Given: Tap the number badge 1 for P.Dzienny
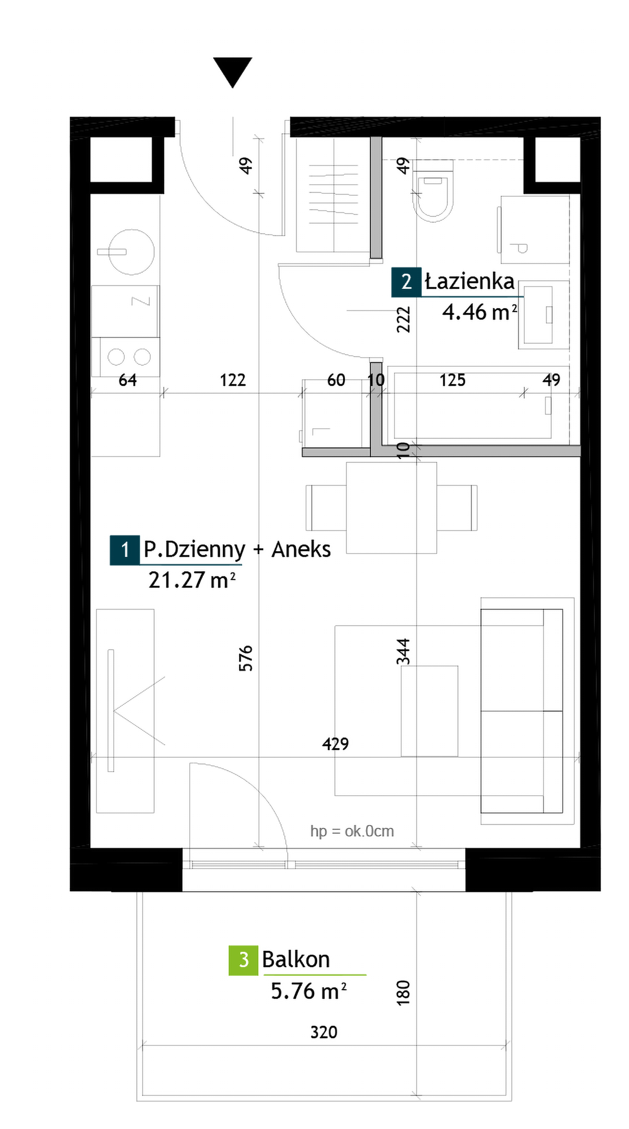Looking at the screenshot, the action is pyautogui.click(x=124, y=549).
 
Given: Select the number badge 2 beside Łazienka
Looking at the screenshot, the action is pyautogui.click(x=406, y=282).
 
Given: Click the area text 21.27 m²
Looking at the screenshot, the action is pyautogui.click(x=192, y=580).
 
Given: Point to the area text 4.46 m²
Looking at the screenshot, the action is pyautogui.click(x=479, y=312).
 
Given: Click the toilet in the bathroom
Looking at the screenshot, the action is pyautogui.click(x=432, y=191).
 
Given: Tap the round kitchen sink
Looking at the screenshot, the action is pyautogui.click(x=131, y=252).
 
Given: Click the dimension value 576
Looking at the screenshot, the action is pyautogui.click(x=246, y=658).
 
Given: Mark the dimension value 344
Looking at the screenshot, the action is pyautogui.click(x=403, y=652).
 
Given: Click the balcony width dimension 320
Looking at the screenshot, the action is pyautogui.click(x=324, y=1032).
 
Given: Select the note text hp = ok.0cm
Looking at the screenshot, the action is pyautogui.click(x=352, y=831).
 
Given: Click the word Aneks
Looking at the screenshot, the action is pyautogui.click(x=301, y=549).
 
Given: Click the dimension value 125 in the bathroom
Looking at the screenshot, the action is pyautogui.click(x=453, y=380).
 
